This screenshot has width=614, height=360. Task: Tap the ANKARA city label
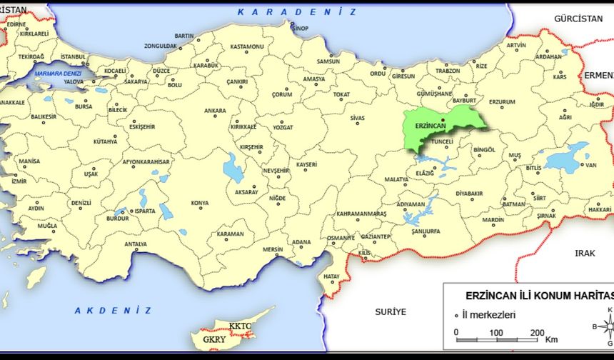point(215,111)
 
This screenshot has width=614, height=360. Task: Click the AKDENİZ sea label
point(114,310)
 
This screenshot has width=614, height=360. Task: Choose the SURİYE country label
point(391,311)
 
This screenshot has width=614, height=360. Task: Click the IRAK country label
point(585,253)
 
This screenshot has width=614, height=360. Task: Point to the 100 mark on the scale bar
point(495,333)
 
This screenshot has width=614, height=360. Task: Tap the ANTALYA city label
point(136,244)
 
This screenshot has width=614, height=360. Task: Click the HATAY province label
point(331,276)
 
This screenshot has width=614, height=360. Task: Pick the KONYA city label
point(200,203)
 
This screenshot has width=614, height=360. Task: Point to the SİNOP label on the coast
point(300,28)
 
